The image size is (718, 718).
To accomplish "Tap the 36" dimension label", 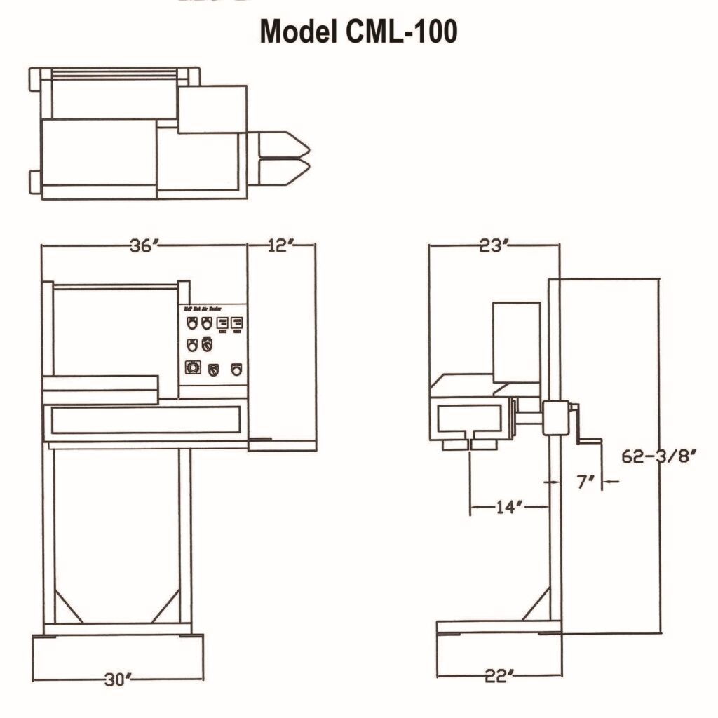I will click(145, 245).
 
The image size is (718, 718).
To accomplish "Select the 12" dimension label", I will click(281, 245).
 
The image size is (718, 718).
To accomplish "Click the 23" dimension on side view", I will click(494, 245).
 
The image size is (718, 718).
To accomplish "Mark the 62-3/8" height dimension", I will click(658, 456).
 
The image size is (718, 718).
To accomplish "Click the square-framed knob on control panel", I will click(191, 367).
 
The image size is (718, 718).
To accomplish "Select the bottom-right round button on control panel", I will click(236, 368).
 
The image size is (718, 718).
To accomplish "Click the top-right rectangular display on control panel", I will click(237, 324).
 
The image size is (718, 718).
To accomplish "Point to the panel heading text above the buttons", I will click(203, 308).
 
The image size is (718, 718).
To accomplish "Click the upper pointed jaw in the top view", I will click(284, 144).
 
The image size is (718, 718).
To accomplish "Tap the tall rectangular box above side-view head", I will click(516, 341).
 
